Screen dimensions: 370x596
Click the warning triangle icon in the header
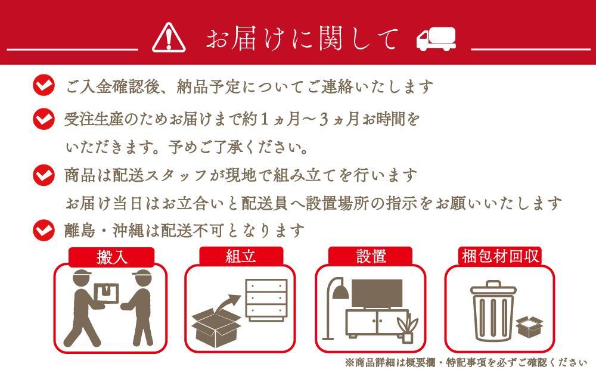(x=169, y=39)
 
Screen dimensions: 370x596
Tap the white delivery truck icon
(x=436, y=39)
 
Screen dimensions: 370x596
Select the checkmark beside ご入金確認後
(x=44, y=86)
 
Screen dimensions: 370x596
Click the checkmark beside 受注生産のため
(x=44, y=119)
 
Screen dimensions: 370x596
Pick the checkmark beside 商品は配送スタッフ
(x=44, y=175)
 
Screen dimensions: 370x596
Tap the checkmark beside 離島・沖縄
(x=44, y=229)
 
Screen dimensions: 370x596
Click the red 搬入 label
(x=112, y=257)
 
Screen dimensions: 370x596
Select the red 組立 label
(x=241, y=257)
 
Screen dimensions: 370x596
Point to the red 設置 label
(x=371, y=257)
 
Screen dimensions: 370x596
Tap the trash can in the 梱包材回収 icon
(x=492, y=311)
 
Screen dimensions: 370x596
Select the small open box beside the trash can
(x=530, y=326)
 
